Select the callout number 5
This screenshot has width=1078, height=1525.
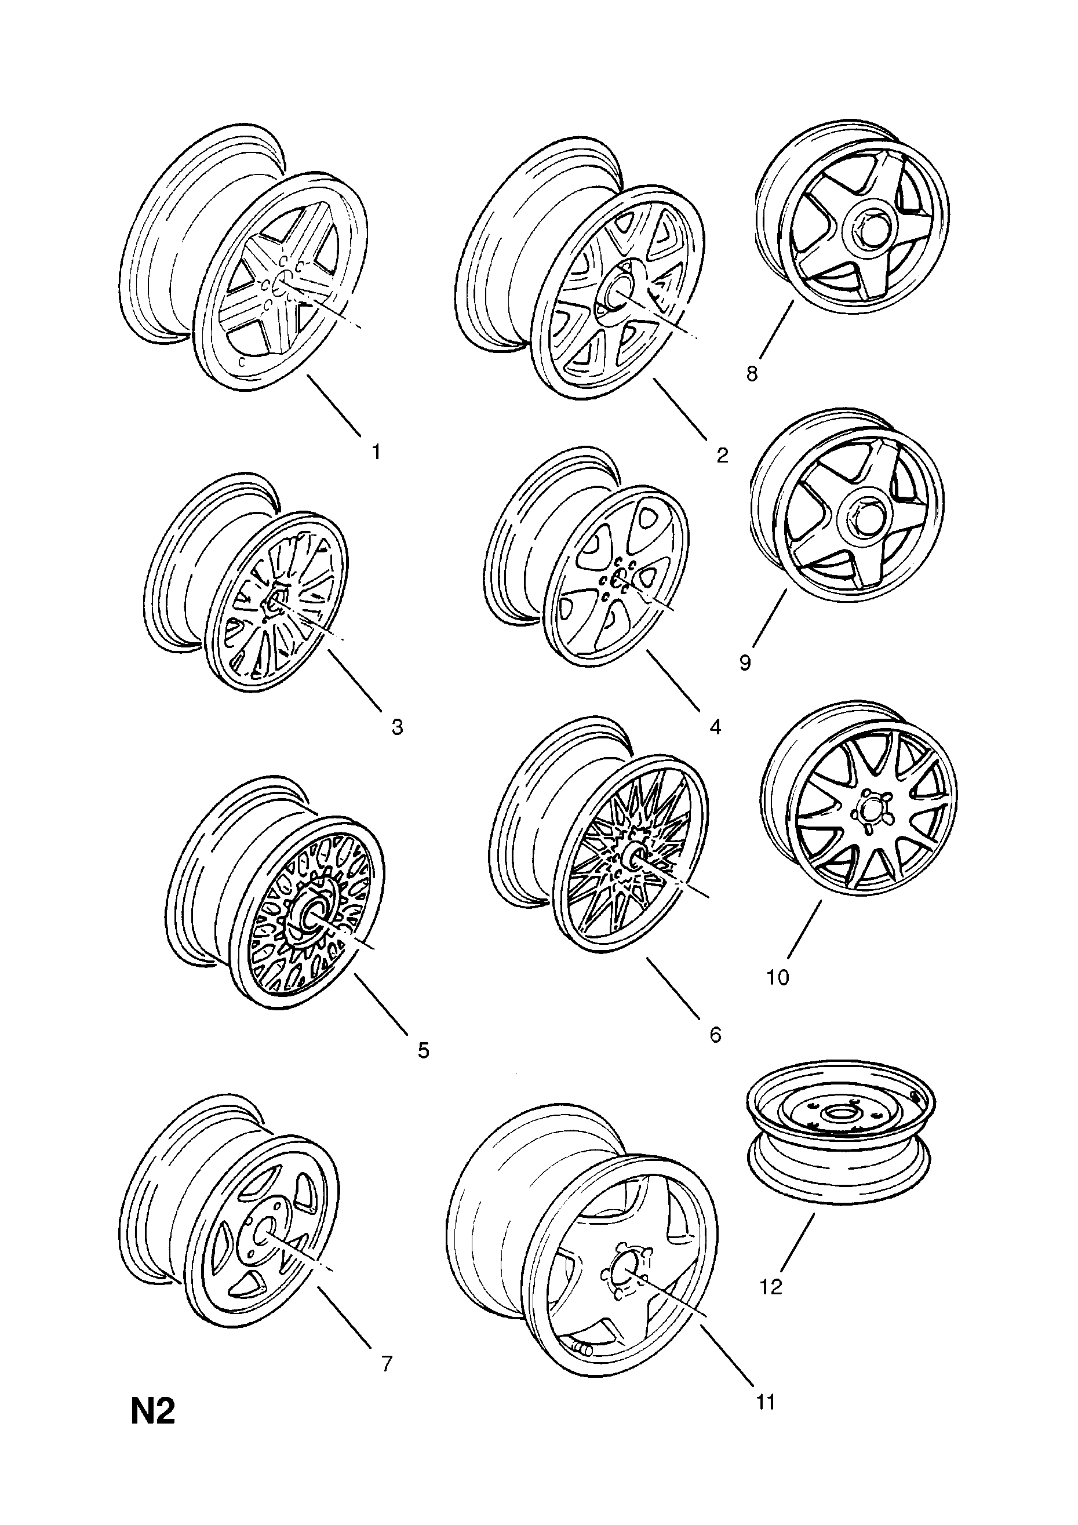pyautogui.click(x=423, y=1050)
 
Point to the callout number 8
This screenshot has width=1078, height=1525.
pyautogui.click(x=751, y=374)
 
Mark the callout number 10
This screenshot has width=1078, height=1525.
pyautogui.click(x=778, y=978)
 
